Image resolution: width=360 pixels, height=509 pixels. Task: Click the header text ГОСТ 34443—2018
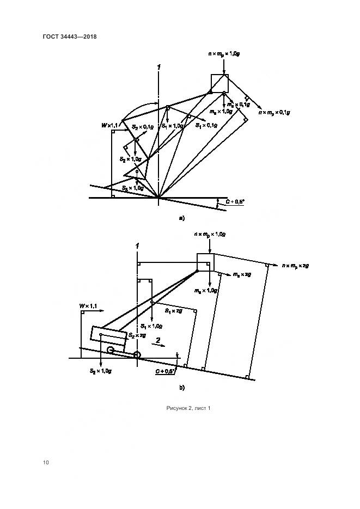coord(69,37)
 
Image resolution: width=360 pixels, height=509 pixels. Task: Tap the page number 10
coord(46,462)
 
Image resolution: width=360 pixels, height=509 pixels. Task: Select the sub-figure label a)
coord(182,218)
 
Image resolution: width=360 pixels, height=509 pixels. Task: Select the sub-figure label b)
coord(182,388)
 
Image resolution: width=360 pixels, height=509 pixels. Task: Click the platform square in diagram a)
coord(220,82)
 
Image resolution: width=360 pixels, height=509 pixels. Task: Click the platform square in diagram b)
coord(205,261)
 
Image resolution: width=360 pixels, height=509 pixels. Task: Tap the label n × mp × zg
coord(296,265)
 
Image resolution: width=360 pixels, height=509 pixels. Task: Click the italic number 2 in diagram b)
coord(158,340)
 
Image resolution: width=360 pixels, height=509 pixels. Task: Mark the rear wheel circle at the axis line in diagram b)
coord(136,355)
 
